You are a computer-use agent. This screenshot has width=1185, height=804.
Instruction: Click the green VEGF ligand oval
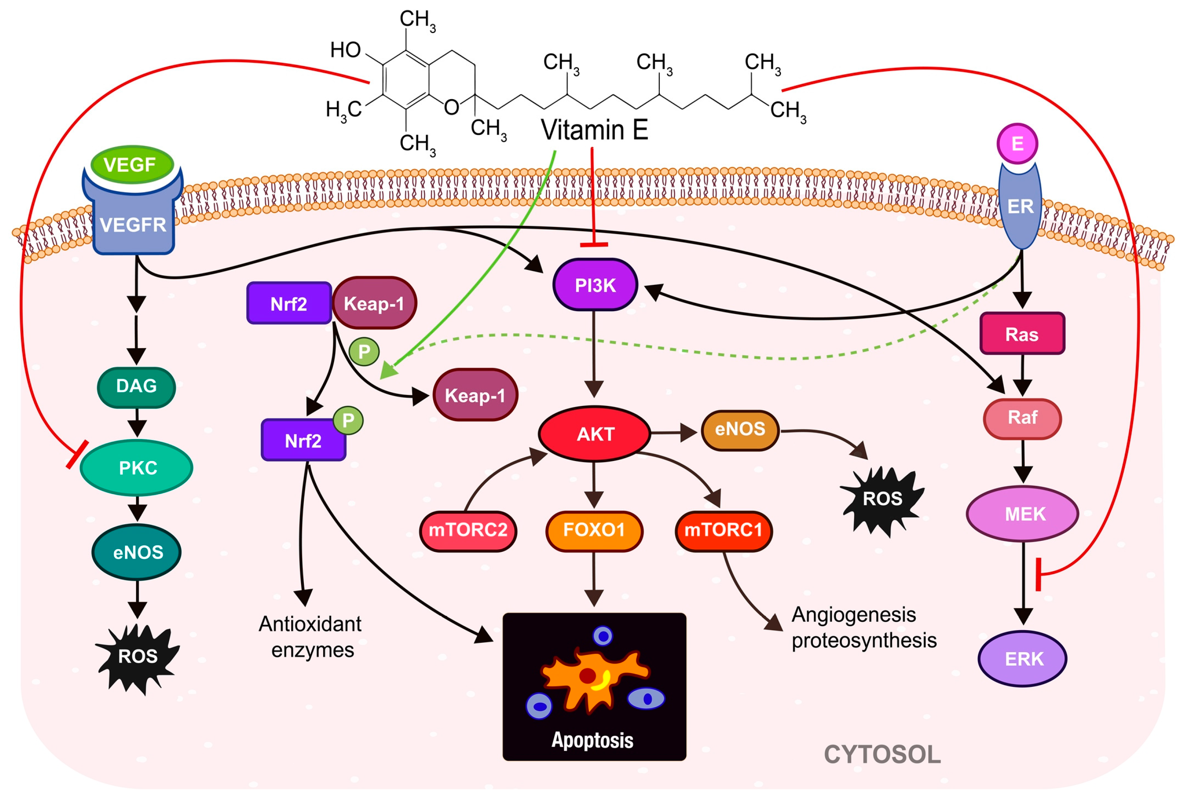(x=132, y=165)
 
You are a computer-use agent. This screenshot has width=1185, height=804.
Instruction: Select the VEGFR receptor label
(x=133, y=225)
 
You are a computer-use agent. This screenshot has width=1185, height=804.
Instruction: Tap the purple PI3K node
(x=595, y=285)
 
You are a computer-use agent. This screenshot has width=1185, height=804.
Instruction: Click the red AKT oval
(x=595, y=433)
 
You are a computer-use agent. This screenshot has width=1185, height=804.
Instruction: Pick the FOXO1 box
(x=594, y=531)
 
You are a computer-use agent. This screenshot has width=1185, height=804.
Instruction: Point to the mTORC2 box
(x=468, y=531)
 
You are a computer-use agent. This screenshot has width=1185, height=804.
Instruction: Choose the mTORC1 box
(x=724, y=531)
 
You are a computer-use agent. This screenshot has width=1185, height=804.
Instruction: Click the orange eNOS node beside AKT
(x=740, y=430)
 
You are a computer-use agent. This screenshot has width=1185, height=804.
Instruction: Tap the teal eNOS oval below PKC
(x=137, y=552)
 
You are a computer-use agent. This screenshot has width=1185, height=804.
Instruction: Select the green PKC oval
(x=137, y=468)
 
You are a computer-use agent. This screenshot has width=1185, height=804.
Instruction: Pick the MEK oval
(x=1023, y=514)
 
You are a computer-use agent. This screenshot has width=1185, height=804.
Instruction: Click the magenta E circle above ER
(x=1017, y=143)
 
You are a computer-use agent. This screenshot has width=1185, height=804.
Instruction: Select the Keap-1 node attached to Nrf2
(x=374, y=303)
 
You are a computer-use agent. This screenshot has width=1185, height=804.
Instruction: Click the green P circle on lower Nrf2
(x=348, y=420)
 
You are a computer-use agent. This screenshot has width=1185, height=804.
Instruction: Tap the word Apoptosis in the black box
(x=593, y=740)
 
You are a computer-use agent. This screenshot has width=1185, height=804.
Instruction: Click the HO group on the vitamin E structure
(x=345, y=50)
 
